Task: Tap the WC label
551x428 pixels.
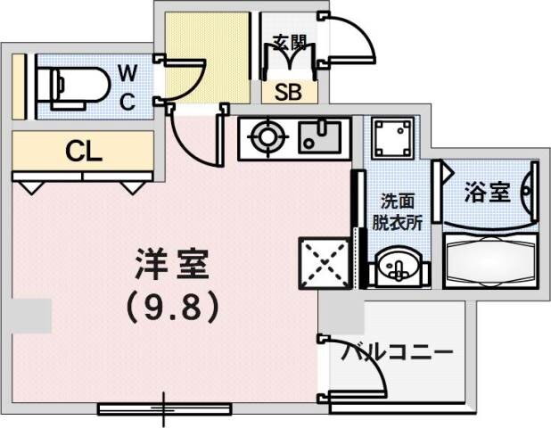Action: click(127, 86)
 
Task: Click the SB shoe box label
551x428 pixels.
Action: click(287, 92)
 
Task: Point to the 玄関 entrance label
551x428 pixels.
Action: click(289, 41)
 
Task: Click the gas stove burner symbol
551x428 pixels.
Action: click(265, 138)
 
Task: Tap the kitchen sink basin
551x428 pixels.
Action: click(318, 138)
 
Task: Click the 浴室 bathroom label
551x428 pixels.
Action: click(487, 192)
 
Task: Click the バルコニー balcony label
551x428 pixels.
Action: click(396, 351)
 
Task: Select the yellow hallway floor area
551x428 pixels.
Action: click(187, 53)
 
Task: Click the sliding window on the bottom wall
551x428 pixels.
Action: click(165, 409)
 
